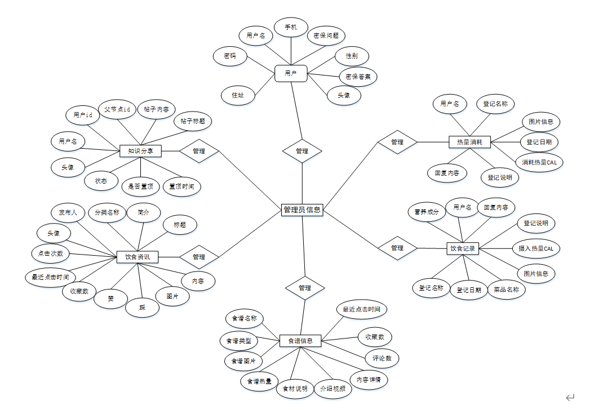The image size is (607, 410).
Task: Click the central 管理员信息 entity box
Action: [x=302, y=210]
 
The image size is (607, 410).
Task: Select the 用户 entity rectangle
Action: [x=291, y=73]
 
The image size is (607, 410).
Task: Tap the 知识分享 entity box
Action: [x=140, y=151]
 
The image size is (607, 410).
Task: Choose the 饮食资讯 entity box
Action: [x=138, y=257]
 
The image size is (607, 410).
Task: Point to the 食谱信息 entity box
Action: [x=300, y=341]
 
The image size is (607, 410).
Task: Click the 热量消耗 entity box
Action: [x=469, y=142]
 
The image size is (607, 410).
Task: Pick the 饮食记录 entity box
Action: [x=463, y=248]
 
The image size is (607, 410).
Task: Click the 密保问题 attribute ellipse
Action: [x=326, y=35]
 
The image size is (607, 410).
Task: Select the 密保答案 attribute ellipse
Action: [x=358, y=76]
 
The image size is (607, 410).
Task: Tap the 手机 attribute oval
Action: [x=291, y=27]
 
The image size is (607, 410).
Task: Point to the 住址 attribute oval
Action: [x=238, y=95]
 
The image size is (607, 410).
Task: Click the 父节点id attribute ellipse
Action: [x=117, y=109]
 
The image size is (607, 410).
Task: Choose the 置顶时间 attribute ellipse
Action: [x=182, y=186]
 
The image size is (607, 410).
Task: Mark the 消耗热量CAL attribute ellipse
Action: [x=539, y=162]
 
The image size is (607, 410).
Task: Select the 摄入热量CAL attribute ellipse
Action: [x=535, y=248]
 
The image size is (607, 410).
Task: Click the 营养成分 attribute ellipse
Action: [x=426, y=212]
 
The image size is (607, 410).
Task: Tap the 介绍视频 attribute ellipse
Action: [x=332, y=389]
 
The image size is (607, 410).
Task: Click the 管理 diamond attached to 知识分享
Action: [x=198, y=151]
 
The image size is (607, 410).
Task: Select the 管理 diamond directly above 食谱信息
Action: [x=304, y=288]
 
